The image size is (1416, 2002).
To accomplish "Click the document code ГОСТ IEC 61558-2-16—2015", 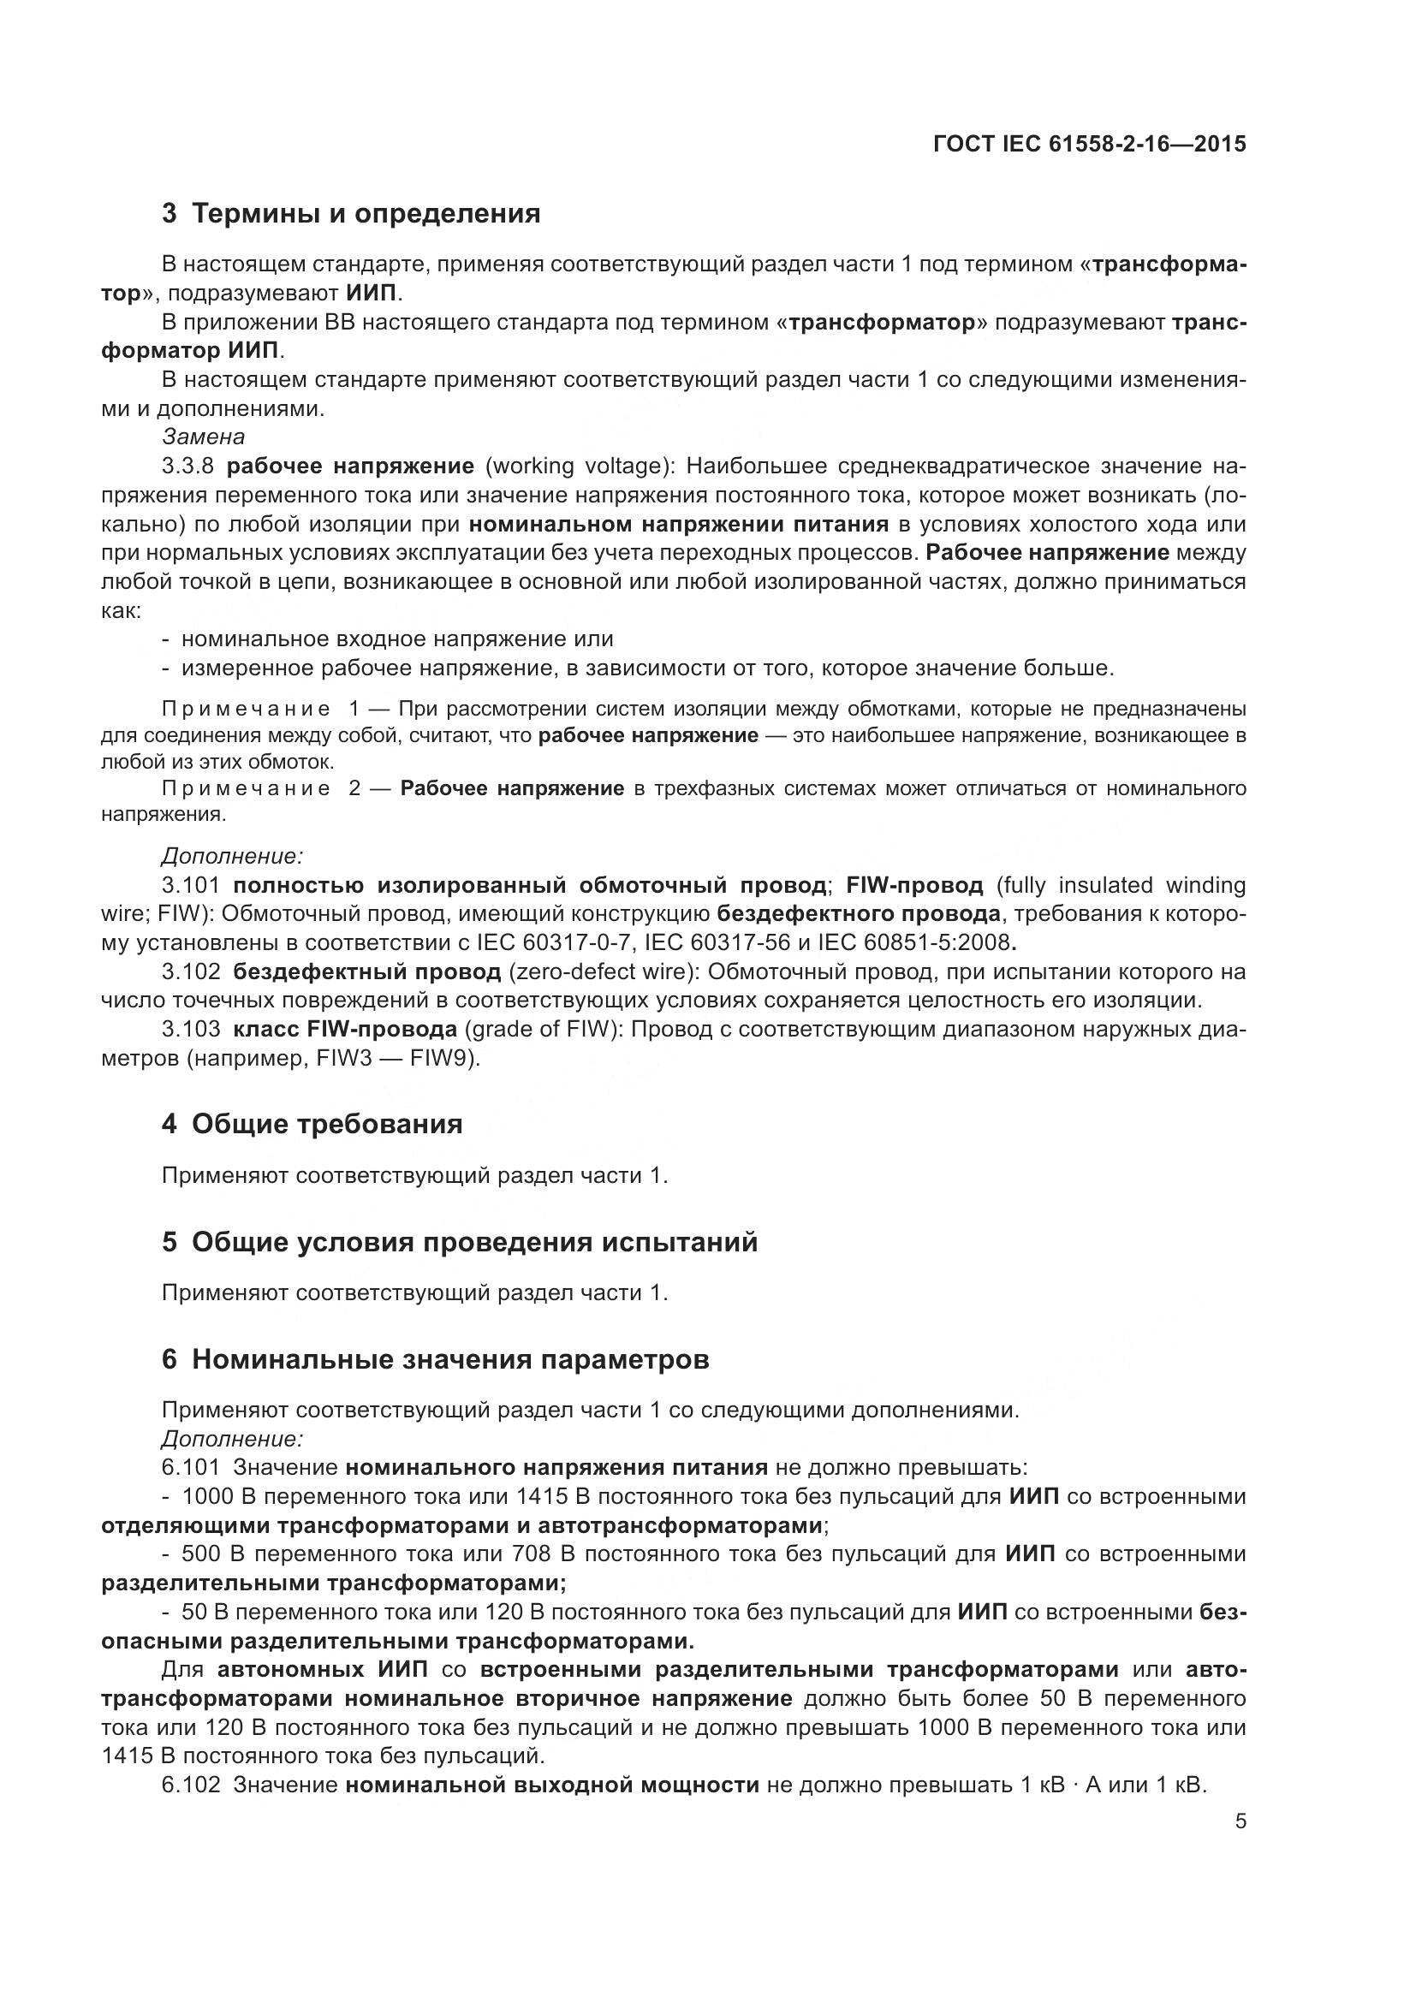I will (1089, 144).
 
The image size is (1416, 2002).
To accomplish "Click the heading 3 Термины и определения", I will (351, 213).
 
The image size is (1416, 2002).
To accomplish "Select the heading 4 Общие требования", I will (312, 1124).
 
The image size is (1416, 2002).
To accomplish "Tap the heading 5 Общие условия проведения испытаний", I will (460, 1242).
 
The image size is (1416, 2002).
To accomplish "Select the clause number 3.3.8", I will (187, 466).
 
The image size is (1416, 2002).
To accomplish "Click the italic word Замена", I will (203, 437).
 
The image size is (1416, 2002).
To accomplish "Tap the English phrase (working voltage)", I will (578, 466).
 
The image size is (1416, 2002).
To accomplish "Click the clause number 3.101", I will (191, 885).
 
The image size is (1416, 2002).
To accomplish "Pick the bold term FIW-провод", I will (913, 885).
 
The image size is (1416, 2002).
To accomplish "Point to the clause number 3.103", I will (191, 1029).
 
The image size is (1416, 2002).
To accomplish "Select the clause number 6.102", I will (191, 1785).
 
